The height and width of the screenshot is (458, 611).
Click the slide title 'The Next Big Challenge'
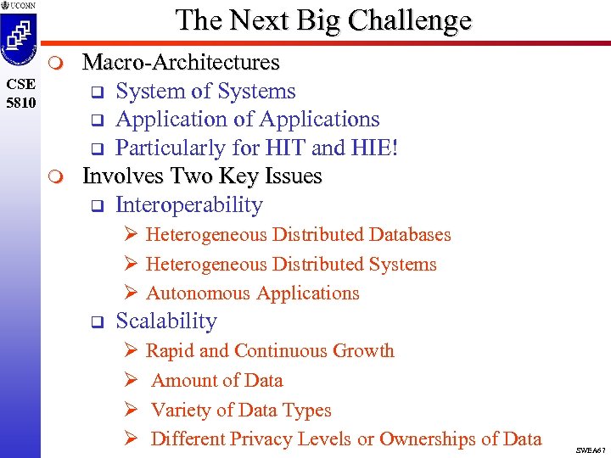[323, 20]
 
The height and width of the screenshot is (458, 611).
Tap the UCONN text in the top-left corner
[22, 6]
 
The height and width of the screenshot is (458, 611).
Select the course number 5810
[19, 101]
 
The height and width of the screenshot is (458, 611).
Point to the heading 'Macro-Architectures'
[180, 63]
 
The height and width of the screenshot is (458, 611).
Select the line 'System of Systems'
[205, 92]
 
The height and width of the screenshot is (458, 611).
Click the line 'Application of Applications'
[247, 120]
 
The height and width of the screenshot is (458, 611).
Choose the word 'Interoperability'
[188, 205]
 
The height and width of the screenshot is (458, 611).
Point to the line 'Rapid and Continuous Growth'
[270, 351]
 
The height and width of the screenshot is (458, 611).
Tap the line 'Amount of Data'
[216, 381]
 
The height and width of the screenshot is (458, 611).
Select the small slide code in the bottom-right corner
[591, 450]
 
